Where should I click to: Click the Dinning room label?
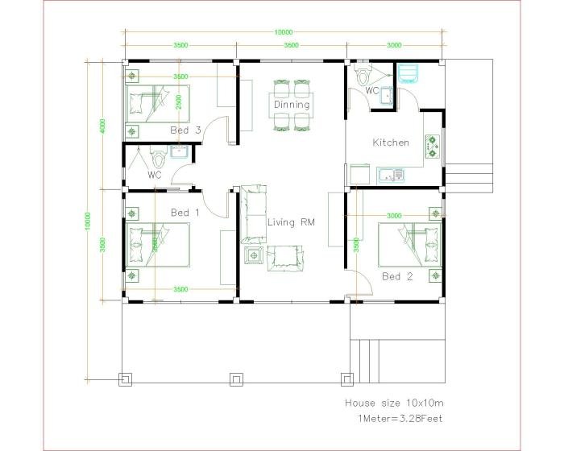click(291, 105)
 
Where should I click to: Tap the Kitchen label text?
click(391, 143)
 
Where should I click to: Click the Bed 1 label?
click(185, 213)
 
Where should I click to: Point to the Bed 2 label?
click(396, 276)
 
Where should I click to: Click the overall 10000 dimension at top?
click(283, 32)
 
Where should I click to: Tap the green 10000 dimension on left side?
click(87, 219)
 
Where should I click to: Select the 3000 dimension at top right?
click(394, 46)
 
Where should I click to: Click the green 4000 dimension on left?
click(102, 126)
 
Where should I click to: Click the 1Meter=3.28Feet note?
click(399, 418)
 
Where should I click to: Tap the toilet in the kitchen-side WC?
click(363, 77)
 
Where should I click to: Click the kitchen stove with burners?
click(433, 145)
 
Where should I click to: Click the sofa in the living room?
click(254, 213)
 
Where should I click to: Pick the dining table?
click(291, 105)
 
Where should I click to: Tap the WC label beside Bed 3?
click(155, 175)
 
